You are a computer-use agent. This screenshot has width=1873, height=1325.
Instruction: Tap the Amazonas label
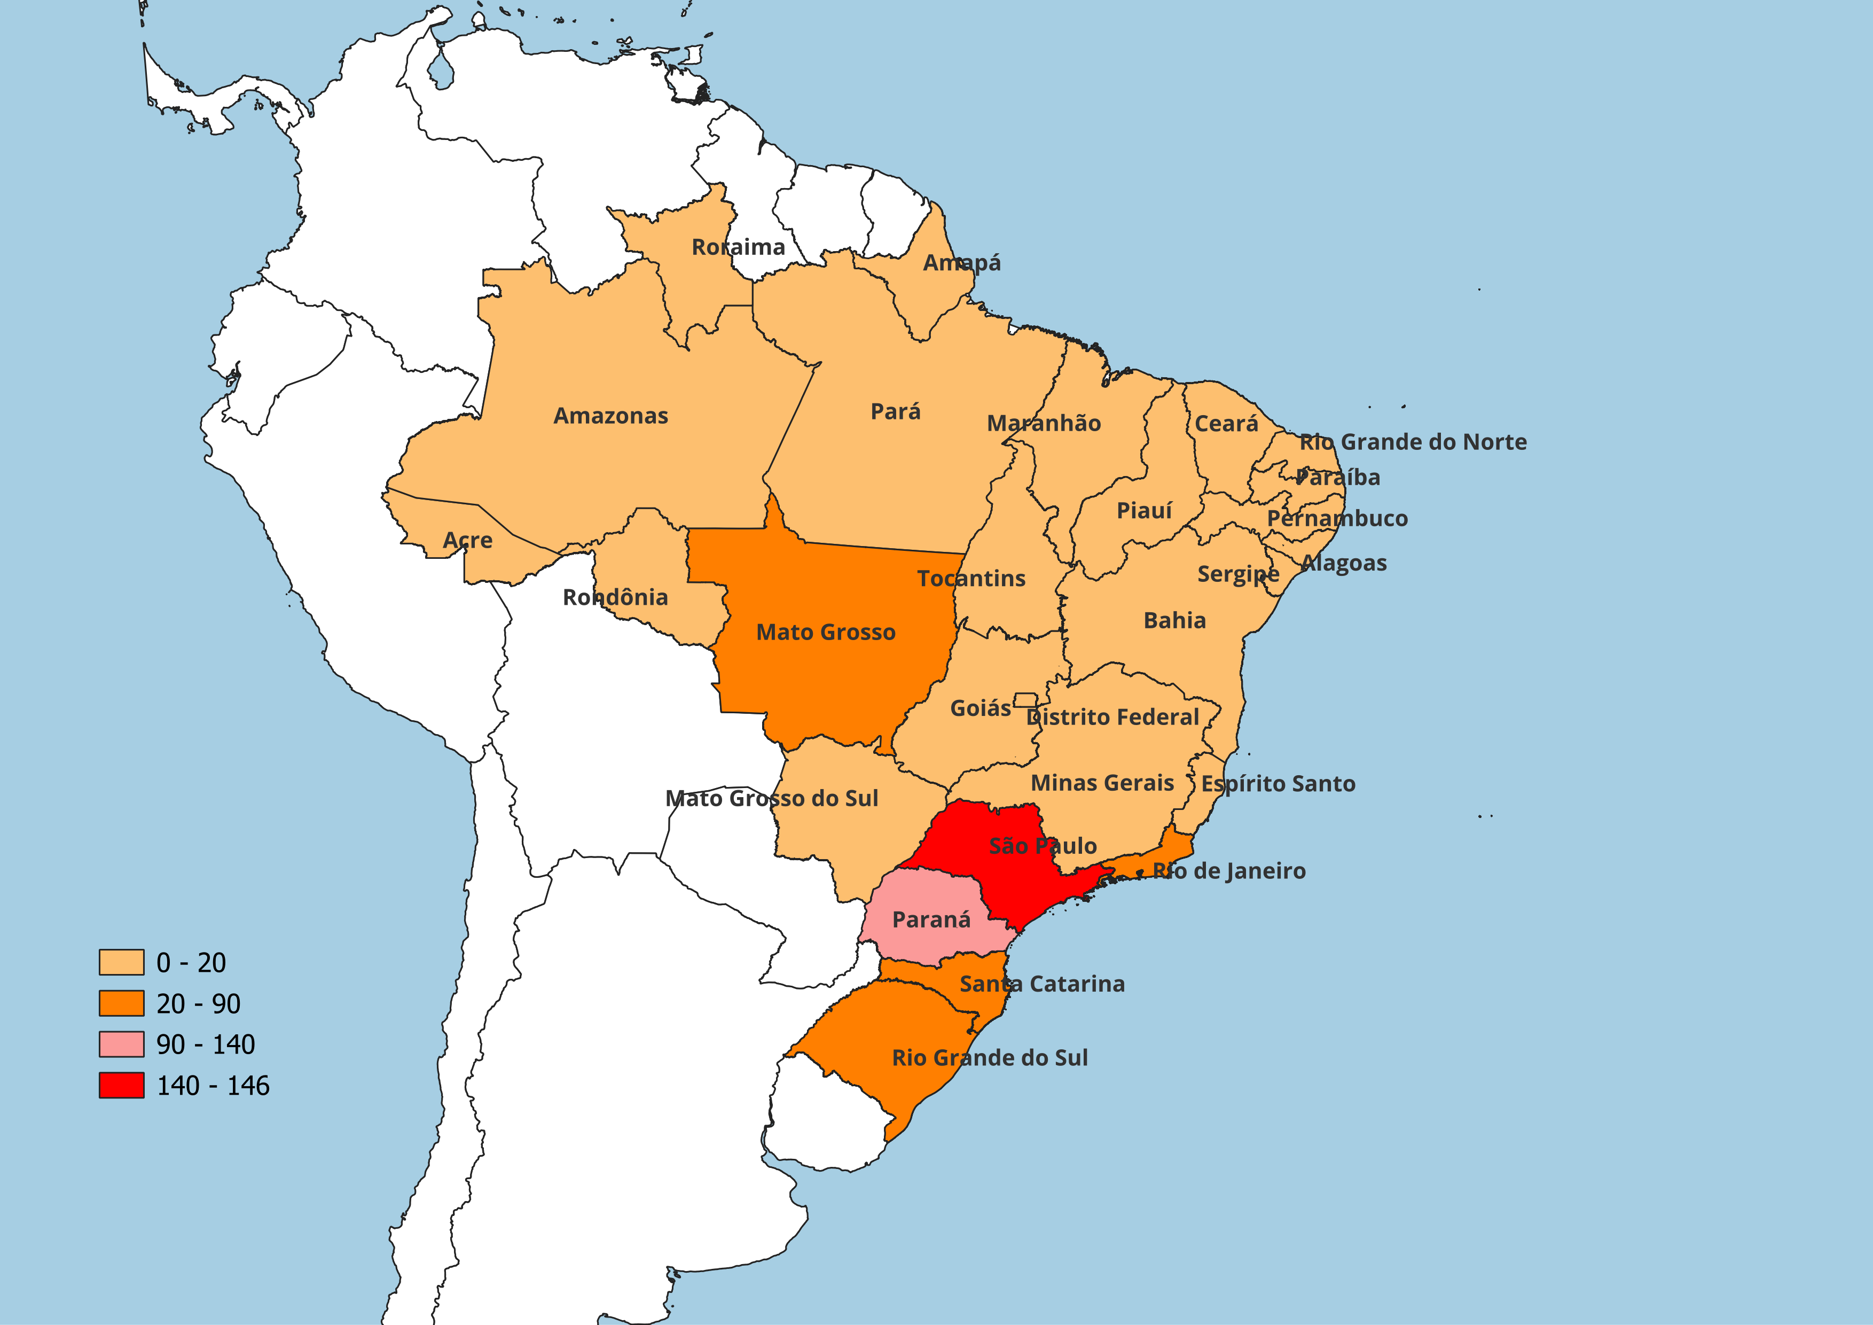610,416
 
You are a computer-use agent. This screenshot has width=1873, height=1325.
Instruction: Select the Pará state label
895,411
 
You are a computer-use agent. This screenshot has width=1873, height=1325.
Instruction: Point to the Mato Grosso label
826,632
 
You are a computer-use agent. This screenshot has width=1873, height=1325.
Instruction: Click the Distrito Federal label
1112,717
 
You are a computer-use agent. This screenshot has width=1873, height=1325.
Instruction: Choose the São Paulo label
1043,846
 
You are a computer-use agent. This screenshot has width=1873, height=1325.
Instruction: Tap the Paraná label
931,921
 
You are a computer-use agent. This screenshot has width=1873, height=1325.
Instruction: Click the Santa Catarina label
1042,984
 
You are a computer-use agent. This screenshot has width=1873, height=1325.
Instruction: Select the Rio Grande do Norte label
1413,442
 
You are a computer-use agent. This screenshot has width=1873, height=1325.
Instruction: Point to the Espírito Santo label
1278,784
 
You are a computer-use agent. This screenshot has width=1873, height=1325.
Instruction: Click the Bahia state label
1175,621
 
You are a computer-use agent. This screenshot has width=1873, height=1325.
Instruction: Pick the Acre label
467,540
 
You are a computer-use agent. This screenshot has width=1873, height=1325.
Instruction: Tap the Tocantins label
971,579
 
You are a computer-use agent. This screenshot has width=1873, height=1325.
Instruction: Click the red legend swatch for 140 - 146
122,1085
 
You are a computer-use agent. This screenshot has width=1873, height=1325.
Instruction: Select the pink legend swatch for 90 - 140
122,1045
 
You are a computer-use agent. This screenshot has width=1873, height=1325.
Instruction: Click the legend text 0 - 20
191,963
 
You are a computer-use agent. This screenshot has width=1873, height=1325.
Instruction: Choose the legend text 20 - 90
198,1003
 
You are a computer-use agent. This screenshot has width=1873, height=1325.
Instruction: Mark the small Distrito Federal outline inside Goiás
1025,700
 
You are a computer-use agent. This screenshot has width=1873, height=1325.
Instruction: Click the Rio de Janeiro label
1228,871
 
